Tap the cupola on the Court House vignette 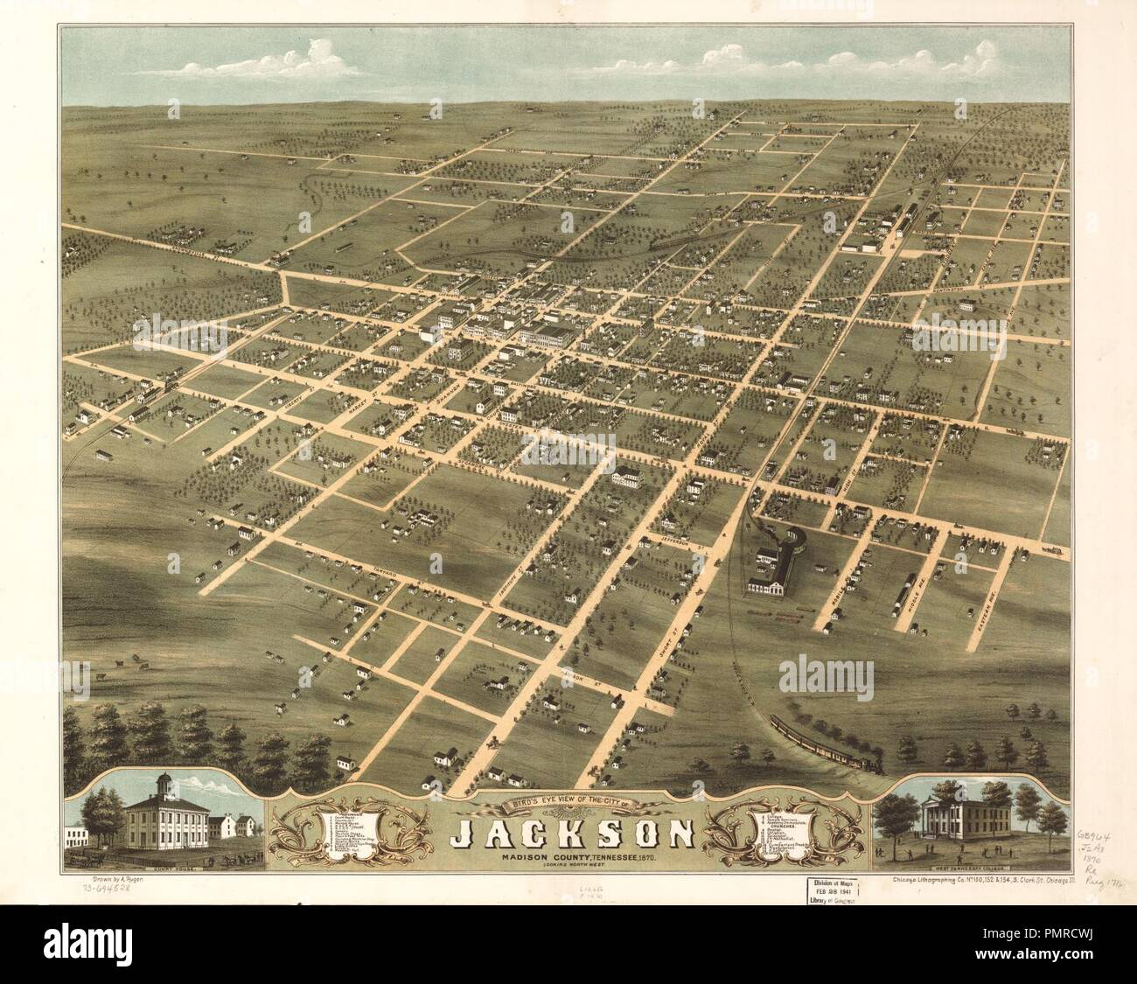click(163, 782)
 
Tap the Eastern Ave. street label click(986, 604)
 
